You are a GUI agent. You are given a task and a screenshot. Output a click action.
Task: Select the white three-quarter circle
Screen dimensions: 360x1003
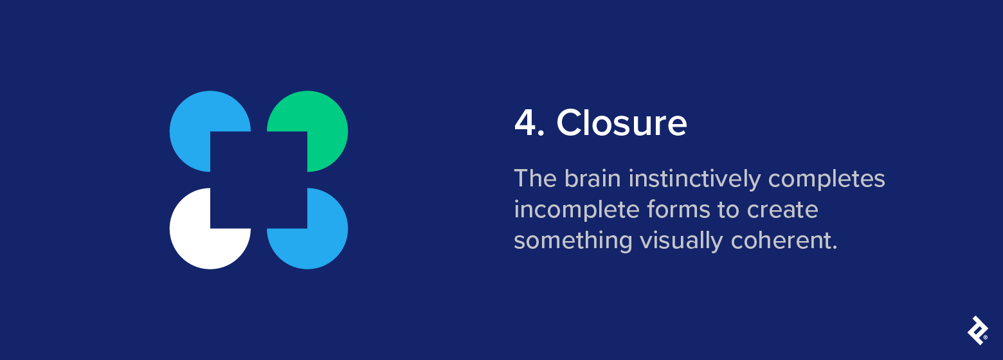point(199,238)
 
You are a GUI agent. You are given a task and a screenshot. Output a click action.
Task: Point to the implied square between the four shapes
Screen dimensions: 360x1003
point(258,180)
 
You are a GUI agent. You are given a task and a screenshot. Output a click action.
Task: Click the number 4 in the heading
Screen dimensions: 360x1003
point(526,123)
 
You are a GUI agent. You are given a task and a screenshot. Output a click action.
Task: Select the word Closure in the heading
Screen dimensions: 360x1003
point(621,123)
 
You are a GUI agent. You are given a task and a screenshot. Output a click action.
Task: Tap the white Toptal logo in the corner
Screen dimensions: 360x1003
point(976,329)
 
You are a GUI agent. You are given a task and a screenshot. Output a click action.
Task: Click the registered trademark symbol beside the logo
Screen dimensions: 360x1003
point(985,337)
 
